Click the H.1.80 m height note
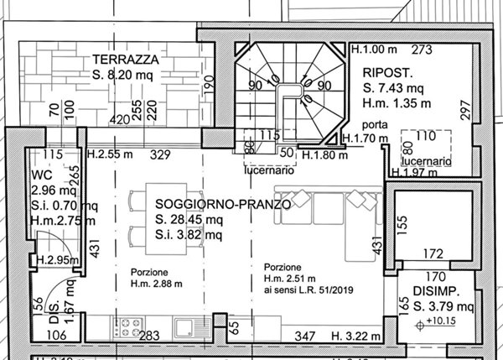324,155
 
